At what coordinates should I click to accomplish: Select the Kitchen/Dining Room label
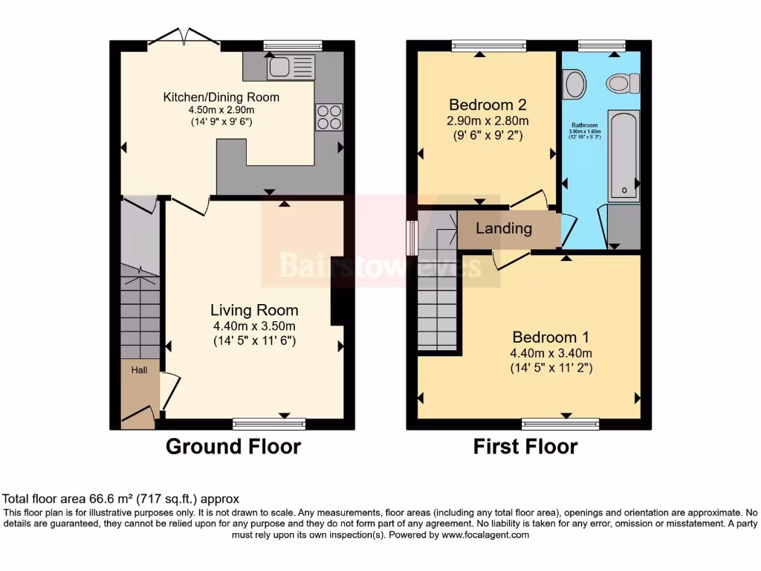[x=221, y=97]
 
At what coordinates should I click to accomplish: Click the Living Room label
[x=254, y=310]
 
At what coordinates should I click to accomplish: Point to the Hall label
[x=140, y=370]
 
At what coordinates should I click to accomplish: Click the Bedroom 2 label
[x=488, y=104]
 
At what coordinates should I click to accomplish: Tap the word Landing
[x=504, y=228]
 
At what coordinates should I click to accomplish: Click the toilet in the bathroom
[x=623, y=83]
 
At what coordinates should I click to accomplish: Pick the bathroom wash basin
[x=574, y=84]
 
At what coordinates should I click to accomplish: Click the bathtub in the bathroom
[x=623, y=156]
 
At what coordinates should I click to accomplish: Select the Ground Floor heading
[x=233, y=446]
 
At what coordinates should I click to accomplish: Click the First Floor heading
[x=525, y=446]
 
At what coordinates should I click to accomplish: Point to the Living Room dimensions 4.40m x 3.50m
[x=254, y=326]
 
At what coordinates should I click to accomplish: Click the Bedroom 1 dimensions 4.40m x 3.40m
[x=550, y=353]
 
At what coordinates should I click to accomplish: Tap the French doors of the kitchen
[x=184, y=39]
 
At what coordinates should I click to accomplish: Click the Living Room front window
[x=269, y=424]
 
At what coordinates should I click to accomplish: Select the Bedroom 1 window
[x=560, y=424]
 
